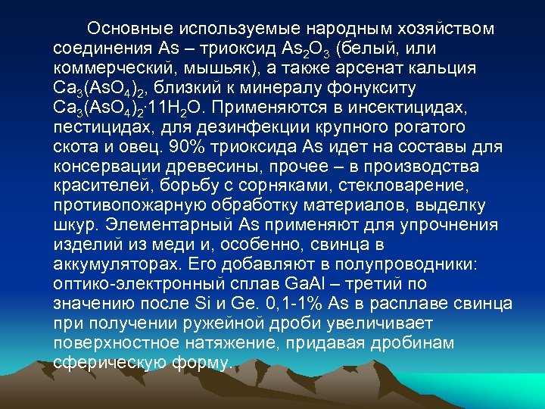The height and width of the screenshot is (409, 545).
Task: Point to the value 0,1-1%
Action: (334, 304)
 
